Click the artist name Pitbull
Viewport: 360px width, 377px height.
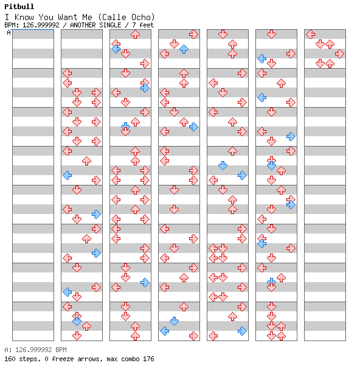point(19,7)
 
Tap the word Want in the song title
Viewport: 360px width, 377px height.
point(67,17)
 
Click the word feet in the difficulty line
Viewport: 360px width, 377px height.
point(147,25)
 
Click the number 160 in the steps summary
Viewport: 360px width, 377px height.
point(10,359)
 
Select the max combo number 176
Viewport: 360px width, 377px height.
point(148,359)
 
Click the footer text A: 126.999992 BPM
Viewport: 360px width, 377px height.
point(35,350)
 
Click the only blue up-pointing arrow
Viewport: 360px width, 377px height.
point(184,49)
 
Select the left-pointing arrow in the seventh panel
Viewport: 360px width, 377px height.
point(311,35)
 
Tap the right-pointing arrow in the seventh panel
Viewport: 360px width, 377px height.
point(339,54)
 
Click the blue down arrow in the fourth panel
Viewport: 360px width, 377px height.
point(174,321)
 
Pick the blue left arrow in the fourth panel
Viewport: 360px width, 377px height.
point(164,331)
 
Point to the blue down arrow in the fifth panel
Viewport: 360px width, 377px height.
point(223,165)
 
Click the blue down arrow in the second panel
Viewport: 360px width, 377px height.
point(77,321)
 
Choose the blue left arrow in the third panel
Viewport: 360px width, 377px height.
point(116,49)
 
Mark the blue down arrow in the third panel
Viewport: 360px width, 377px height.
point(125,126)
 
